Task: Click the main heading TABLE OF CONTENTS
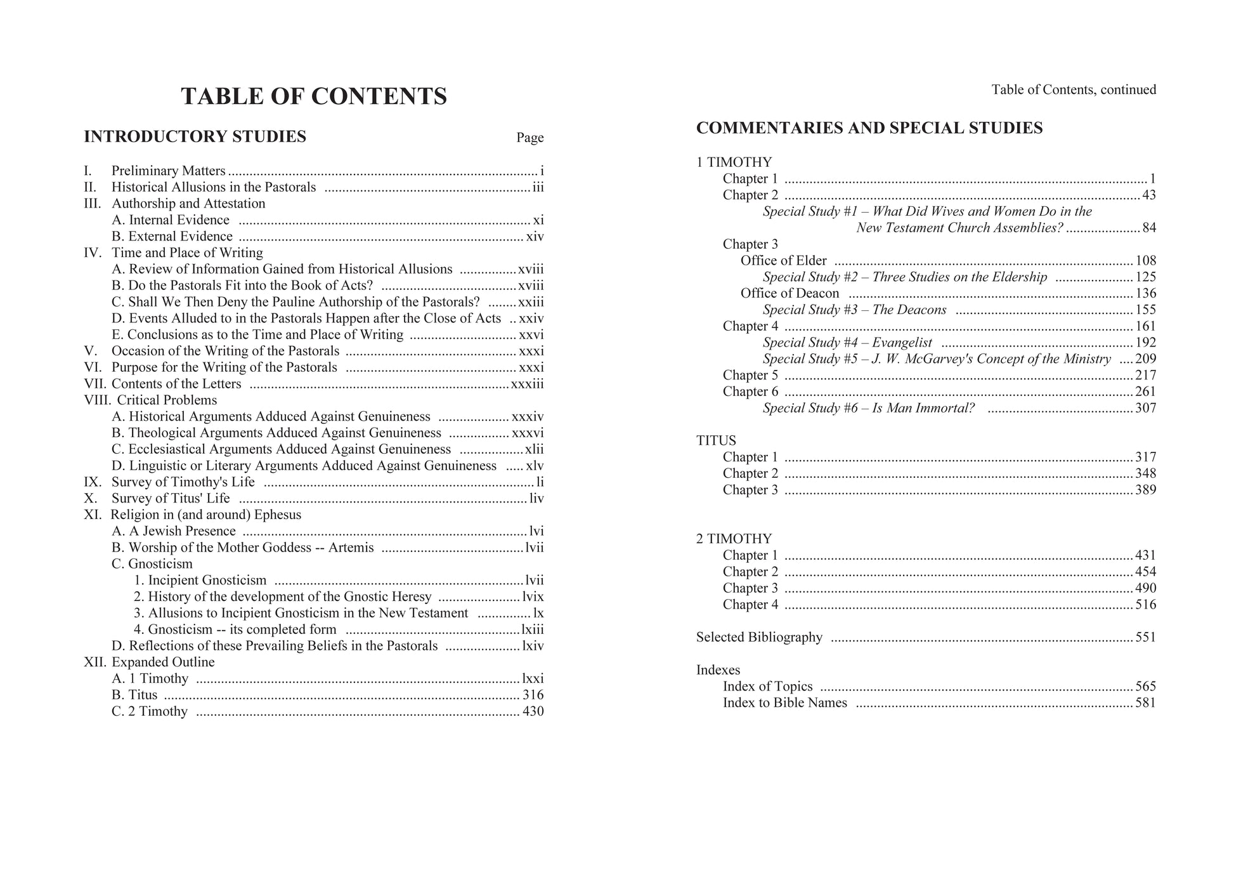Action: [x=314, y=96]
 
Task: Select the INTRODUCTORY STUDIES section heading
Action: [x=195, y=136]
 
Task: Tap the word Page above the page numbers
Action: [x=529, y=138]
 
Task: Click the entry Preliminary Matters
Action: [x=168, y=171]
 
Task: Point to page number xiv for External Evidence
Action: [x=535, y=237]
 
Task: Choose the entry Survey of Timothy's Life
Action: [x=183, y=482]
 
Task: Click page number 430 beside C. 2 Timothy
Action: [x=533, y=711]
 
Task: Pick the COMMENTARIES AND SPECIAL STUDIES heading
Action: [x=869, y=128]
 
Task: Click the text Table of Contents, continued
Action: [x=1074, y=90]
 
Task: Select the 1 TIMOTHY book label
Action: [x=734, y=162]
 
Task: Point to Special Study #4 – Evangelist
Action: [x=847, y=343]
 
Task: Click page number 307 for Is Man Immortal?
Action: [x=1145, y=408]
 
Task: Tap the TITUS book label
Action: [x=716, y=441]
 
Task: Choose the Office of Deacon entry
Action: [x=789, y=293]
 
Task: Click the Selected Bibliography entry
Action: [x=759, y=637]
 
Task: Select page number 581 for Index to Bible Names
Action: [x=1145, y=703]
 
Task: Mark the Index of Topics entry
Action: [x=767, y=687]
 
